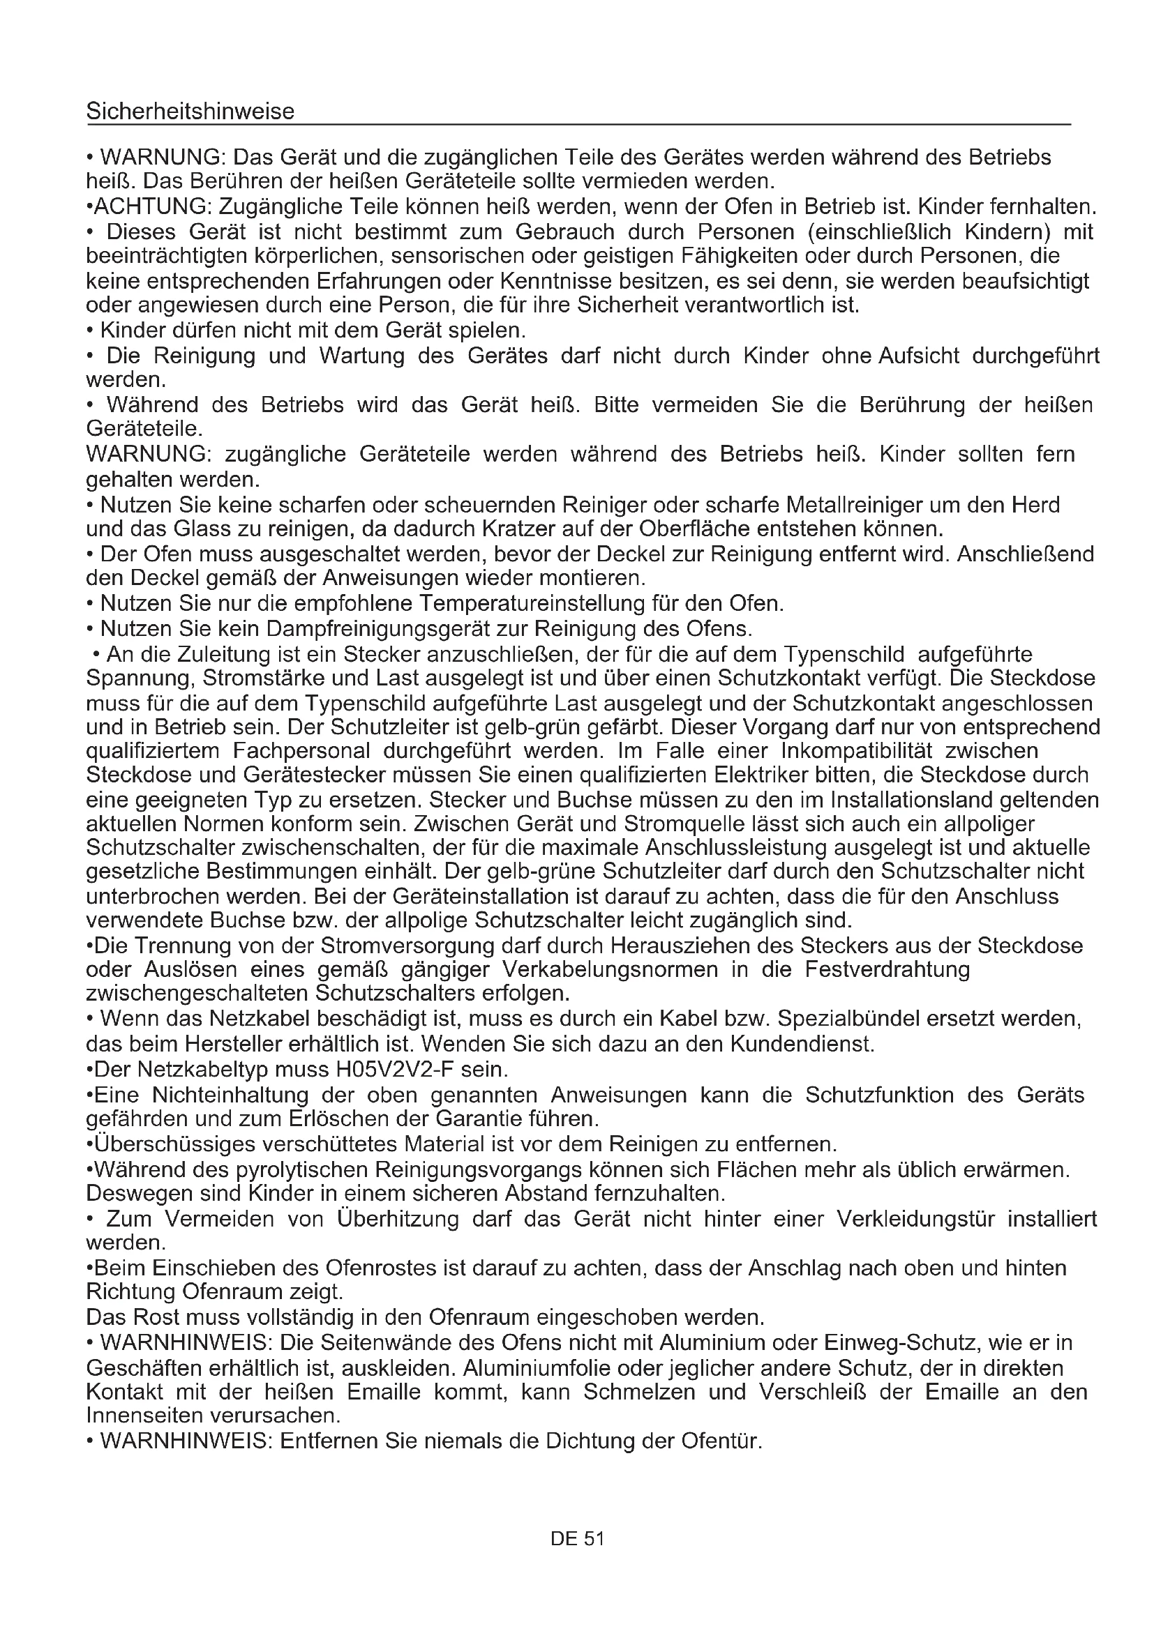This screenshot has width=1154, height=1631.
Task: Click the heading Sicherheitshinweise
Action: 190,112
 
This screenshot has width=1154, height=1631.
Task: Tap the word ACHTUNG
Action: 151,206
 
